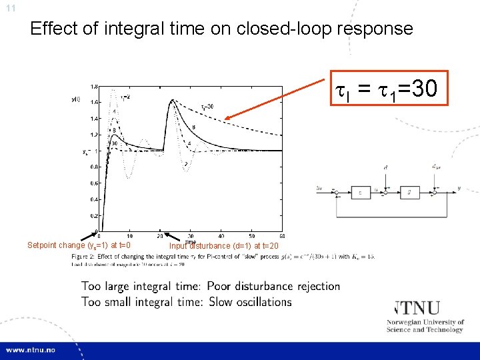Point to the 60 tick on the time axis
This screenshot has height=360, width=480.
(282, 235)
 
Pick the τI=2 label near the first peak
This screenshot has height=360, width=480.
(124, 97)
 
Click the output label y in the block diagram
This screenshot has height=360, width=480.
(459, 189)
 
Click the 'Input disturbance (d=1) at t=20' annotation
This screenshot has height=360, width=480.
(223, 246)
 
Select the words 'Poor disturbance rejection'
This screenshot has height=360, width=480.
(273, 286)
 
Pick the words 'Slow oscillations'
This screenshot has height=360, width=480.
(249, 302)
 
